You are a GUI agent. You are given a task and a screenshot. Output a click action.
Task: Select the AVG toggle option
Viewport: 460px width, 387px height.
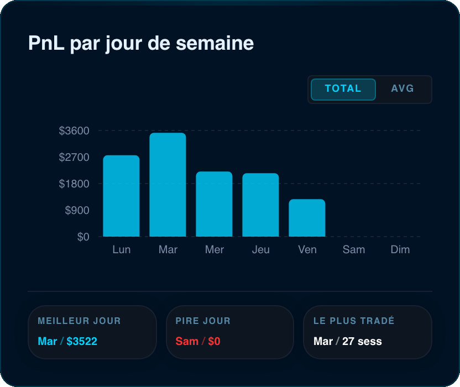click(402, 88)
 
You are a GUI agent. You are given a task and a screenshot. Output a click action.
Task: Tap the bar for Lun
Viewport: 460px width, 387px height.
click(121, 196)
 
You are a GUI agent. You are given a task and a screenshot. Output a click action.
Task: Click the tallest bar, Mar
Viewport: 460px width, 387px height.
click(168, 185)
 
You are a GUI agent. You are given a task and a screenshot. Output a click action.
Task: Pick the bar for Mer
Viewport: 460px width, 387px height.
click(214, 204)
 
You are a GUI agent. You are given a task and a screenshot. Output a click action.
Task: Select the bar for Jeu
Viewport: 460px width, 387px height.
click(260, 205)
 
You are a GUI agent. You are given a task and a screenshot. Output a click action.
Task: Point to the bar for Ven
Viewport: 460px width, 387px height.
click(307, 218)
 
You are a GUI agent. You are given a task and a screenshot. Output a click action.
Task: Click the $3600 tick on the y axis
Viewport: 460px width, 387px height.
click(74, 130)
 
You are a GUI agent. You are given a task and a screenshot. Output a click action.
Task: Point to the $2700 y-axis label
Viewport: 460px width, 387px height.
click(74, 157)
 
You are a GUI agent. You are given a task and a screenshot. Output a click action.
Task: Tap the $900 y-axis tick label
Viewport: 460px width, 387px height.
click(77, 211)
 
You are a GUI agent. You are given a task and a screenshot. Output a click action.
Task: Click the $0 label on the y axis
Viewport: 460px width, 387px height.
click(83, 237)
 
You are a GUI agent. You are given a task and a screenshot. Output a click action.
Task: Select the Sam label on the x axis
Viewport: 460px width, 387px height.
click(354, 250)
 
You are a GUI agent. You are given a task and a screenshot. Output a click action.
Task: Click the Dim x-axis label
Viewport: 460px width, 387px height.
click(400, 250)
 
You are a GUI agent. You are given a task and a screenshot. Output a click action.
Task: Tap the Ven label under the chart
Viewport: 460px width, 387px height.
click(307, 250)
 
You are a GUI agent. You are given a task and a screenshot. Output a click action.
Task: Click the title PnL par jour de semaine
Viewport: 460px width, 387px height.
click(141, 43)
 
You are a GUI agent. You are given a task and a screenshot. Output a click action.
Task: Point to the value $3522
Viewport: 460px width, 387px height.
click(82, 341)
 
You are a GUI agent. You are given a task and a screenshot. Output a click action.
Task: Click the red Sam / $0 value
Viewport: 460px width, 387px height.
click(198, 341)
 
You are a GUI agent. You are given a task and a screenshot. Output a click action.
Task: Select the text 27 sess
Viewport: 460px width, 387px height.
click(362, 341)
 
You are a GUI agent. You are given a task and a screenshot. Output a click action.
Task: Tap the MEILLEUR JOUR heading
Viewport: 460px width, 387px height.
click(79, 321)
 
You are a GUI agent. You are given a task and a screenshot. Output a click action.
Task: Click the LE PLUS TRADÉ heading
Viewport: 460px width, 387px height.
click(354, 321)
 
